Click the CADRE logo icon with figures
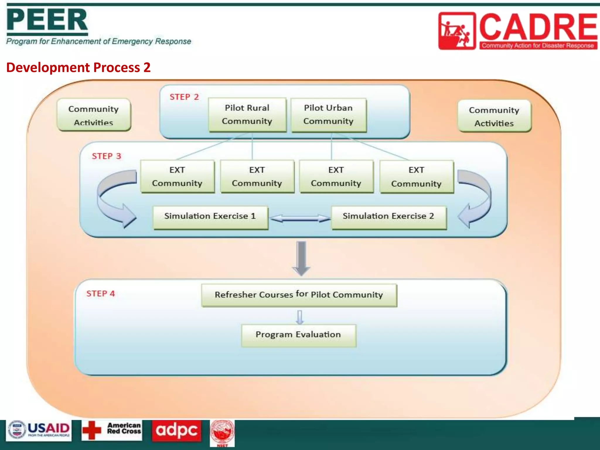(x=456, y=31)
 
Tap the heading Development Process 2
(x=78, y=67)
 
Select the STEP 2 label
(x=184, y=97)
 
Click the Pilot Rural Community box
(x=247, y=115)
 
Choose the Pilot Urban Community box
(x=328, y=115)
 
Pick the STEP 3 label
(x=106, y=156)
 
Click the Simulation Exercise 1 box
(x=210, y=217)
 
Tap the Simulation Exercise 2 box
(x=388, y=217)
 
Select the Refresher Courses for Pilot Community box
(x=299, y=295)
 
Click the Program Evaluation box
(x=298, y=335)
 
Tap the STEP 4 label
(x=100, y=294)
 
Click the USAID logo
(x=39, y=430)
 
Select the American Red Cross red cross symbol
(x=92, y=430)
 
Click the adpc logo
(x=176, y=430)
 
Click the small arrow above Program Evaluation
(x=299, y=317)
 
